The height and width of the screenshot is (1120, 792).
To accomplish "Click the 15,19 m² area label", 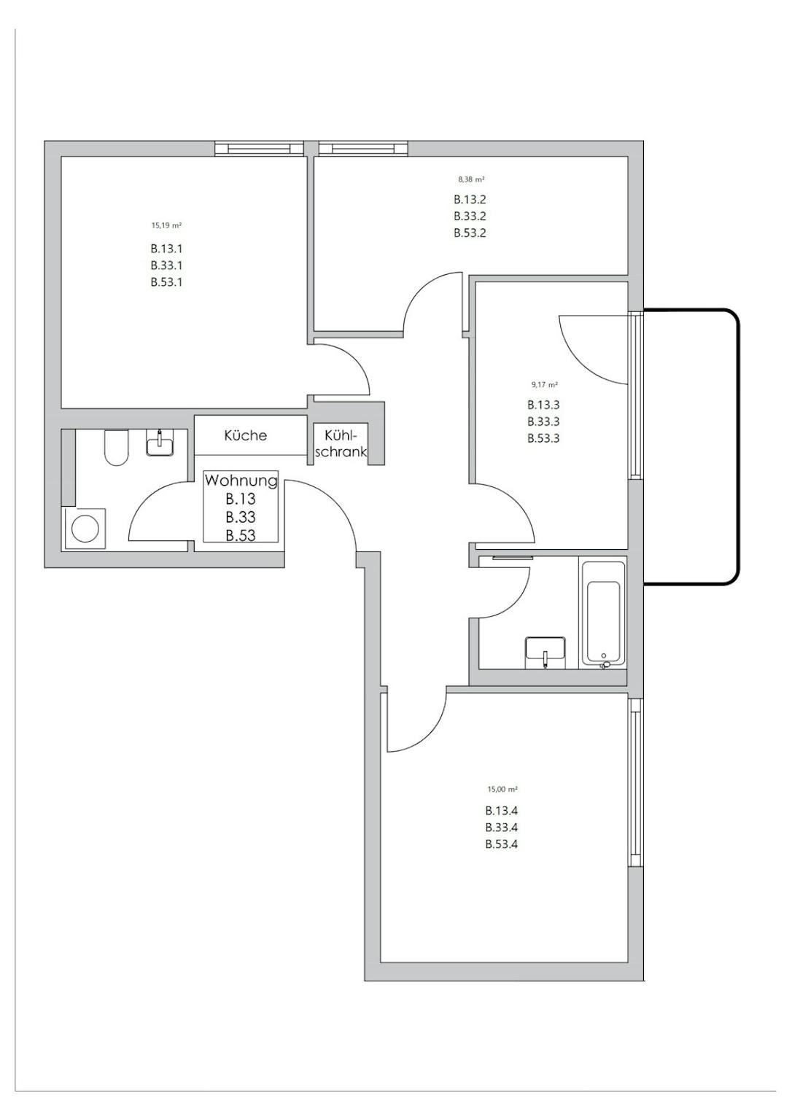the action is click(166, 225).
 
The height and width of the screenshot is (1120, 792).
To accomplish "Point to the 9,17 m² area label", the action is click(544, 384).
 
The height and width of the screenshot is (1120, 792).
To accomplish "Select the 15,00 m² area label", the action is click(502, 790).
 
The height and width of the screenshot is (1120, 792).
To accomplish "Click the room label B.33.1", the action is click(166, 265).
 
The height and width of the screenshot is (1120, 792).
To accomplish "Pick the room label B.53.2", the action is click(470, 233).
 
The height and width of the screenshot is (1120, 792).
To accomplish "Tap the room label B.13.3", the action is click(543, 405).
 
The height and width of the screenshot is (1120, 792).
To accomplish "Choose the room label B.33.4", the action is click(502, 828).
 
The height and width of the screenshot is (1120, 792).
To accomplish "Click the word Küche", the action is click(246, 435).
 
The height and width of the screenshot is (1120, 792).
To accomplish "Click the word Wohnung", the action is click(241, 481).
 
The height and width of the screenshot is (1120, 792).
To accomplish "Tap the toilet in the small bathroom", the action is click(117, 448).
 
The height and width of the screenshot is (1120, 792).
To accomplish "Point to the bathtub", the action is click(603, 614).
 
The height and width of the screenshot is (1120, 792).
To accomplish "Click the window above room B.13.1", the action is click(259, 149).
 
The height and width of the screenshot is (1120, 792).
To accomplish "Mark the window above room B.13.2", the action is click(363, 149).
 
